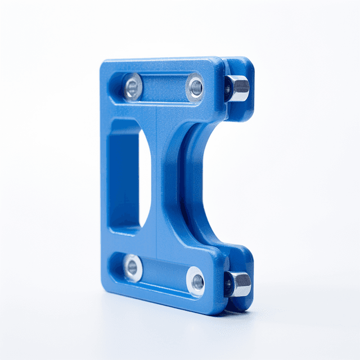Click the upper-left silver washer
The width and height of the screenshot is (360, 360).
(133, 87)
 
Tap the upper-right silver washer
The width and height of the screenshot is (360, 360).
(196, 87)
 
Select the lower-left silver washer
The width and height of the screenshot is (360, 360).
(133, 268)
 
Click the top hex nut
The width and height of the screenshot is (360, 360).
(238, 88)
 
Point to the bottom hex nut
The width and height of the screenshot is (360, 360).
(239, 284)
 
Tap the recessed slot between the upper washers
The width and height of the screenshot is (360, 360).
(164, 87)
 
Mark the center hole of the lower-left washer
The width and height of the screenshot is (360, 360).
(133, 268)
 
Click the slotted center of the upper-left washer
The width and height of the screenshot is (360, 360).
(133, 87)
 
